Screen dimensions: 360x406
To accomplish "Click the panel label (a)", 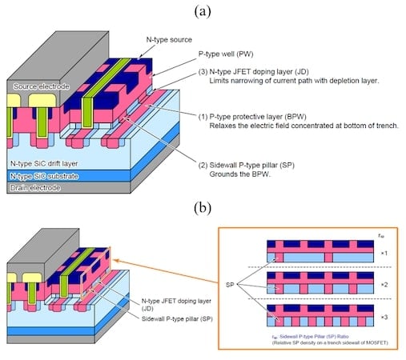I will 203,10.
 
